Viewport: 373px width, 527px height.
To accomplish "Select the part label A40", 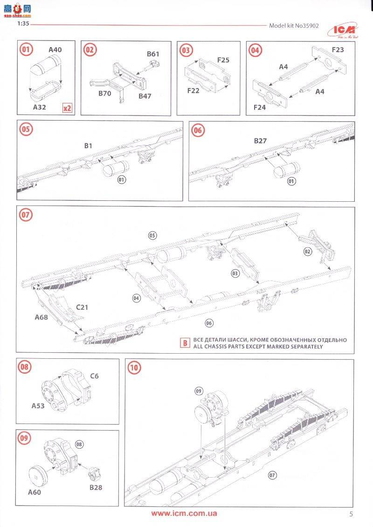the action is pos(55,49).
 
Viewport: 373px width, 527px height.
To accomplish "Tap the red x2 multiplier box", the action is pos(67,108).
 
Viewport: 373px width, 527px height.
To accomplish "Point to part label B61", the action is pos(153,54).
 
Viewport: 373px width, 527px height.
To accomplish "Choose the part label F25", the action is pos(223,60).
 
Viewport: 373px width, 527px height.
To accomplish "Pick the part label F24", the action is pos(260,107).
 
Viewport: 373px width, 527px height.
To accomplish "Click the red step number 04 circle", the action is pos(255,50).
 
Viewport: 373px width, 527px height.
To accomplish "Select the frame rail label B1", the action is pos(88,146).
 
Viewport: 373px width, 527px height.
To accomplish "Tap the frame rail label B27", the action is pos(260,140).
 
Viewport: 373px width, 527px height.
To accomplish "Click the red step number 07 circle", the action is pos(26,215).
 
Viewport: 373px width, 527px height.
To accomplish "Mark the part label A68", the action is pos(42,317).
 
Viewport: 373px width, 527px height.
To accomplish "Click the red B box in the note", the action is pos(185,343).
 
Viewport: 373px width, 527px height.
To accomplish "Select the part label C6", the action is pos(95,376).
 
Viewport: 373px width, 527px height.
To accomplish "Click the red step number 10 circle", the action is pos(134,368).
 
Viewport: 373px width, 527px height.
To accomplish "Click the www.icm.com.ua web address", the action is pos(184,513).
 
